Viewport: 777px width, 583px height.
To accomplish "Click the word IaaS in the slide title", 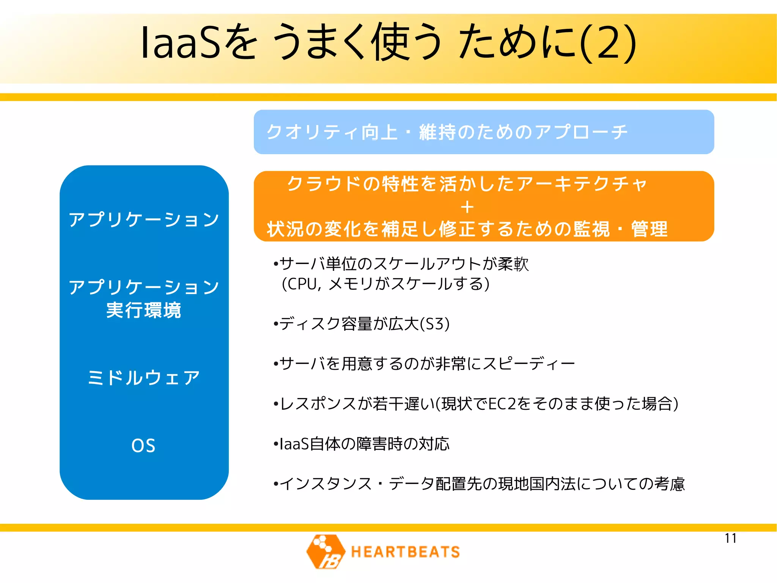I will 180,43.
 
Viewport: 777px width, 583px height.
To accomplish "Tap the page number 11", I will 730,538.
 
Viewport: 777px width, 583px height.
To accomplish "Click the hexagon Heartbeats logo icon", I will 326,551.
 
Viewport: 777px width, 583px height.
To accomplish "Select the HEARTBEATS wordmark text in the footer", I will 405,552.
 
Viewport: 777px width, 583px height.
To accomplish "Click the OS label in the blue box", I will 143,446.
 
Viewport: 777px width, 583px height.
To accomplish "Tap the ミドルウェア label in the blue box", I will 144,378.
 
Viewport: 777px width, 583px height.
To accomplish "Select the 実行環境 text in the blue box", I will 144,310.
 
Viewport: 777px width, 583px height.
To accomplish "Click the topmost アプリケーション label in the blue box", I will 144,220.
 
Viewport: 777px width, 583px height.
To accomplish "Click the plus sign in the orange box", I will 467,207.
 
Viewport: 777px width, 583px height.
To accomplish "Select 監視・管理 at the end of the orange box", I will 620,229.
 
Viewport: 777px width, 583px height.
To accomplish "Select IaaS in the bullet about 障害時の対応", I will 294,444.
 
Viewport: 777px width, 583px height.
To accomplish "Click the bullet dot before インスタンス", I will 276,484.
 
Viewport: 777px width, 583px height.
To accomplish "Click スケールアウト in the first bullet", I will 428,264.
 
